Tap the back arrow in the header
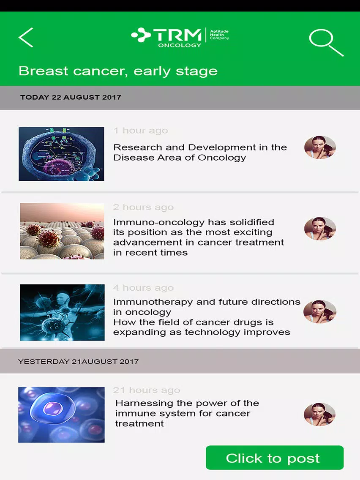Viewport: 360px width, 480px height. click(26, 37)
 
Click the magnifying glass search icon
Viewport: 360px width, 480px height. click(326, 43)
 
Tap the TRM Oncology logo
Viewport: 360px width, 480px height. click(180, 38)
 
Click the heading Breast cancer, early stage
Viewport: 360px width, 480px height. click(118, 71)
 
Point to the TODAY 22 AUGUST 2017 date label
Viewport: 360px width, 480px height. click(71, 97)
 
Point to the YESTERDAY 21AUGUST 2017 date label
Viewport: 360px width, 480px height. click(78, 362)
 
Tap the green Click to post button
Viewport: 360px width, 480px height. click(275, 458)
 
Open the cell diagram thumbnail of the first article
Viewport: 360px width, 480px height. click(61, 154)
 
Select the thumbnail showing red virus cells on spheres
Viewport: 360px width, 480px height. click(62, 231)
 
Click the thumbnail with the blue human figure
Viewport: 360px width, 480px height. click(62, 313)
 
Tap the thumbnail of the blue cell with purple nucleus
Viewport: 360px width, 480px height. click(61, 415)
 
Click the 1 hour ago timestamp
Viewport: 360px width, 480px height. click(141, 131)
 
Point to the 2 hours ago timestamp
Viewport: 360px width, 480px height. click(143, 207)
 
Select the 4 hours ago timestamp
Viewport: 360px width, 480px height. click(143, 288)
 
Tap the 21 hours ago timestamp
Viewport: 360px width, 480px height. click(147, 390)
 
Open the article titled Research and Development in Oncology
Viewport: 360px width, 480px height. click(200, 153)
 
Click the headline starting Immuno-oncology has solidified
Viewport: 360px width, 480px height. click(199, 237)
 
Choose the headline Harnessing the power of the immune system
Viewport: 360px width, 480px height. click(187, 413)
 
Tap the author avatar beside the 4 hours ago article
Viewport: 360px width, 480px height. click(319, 312)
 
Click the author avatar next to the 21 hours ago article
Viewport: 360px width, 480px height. click(319, 414)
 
